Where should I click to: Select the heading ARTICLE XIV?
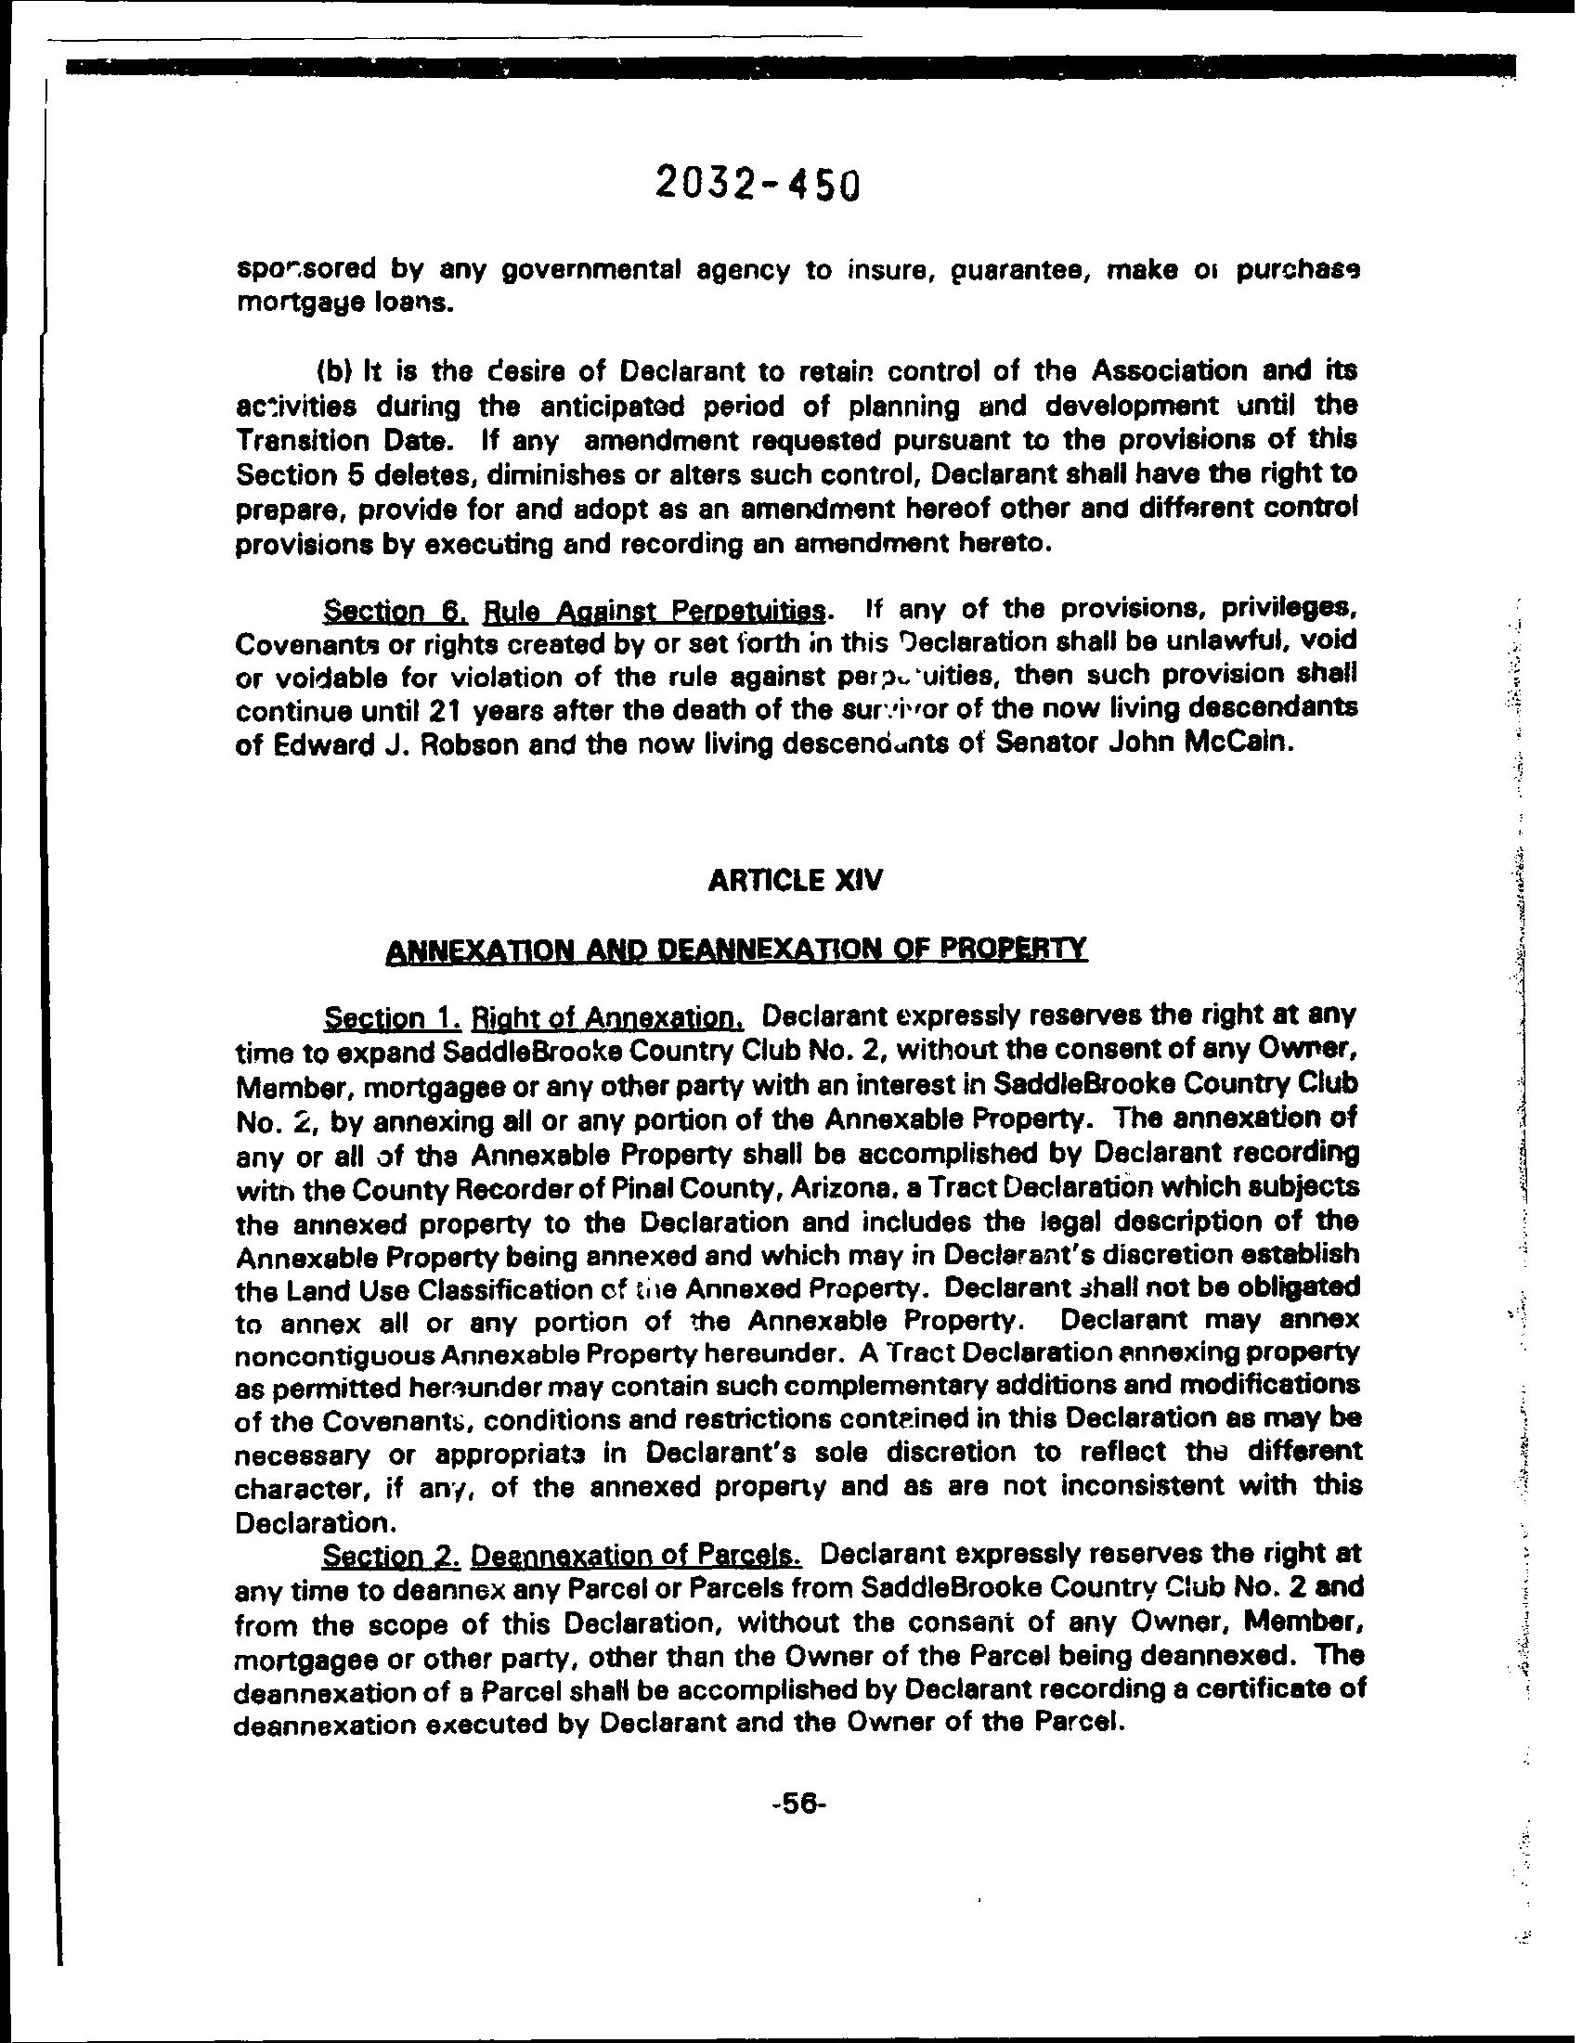(796, 881)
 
